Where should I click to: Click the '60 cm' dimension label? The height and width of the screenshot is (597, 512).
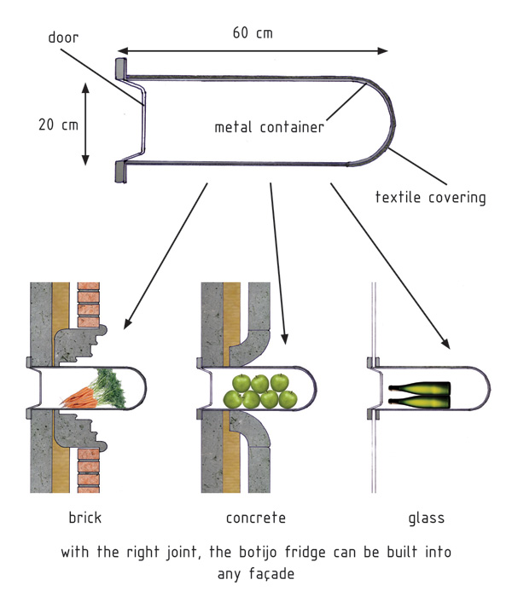coord(253,33)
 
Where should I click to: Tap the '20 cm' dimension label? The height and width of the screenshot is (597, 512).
coord(58,125)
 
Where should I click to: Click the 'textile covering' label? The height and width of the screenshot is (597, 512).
coord(430,198)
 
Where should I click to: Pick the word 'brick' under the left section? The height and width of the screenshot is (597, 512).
coord(84,518)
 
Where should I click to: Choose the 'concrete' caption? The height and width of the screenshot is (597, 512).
coord(255,518)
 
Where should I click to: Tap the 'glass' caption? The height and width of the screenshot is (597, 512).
coord(426,518)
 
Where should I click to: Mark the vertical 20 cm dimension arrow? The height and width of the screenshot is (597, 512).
coord(85,125)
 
